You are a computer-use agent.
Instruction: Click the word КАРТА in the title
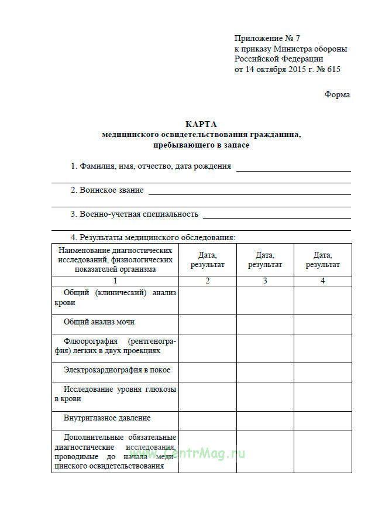tap(201, 124)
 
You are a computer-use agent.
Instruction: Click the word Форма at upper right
tap(338, 95)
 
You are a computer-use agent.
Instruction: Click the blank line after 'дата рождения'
tap(293, 169)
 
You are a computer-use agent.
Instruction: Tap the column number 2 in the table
tap(207, 281)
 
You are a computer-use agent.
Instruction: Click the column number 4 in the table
tap(322, 281)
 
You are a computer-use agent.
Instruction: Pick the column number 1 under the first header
tap(115, 281)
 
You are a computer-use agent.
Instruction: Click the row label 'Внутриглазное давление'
tap(107, 418)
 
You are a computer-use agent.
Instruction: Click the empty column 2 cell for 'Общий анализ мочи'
tap(207, 324)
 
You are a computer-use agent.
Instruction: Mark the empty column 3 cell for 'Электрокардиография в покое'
tap(265, 372)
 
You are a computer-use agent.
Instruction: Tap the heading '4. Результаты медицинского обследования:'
tap(153, 237)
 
